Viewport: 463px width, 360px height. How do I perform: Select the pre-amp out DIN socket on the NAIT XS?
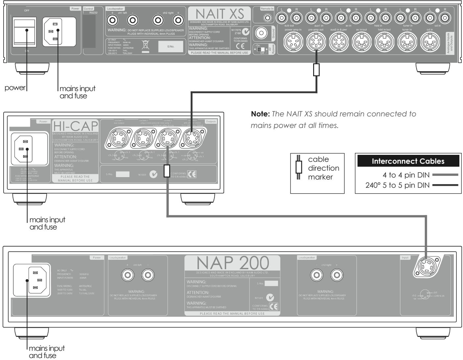(x=316, y=42)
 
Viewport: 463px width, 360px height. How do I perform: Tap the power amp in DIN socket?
(x=293, y=42)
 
